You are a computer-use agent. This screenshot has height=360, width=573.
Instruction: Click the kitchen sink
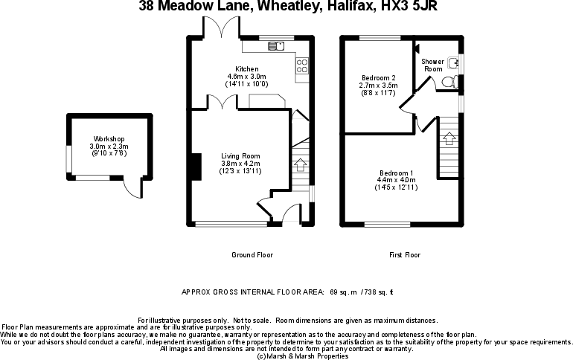click(x=277, y=45)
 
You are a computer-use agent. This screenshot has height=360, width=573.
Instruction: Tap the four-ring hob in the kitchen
click(x=303, y=68)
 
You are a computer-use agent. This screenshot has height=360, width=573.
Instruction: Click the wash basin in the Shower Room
click(x=454, y=64)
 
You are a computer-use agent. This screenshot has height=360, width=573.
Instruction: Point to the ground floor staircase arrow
click(x=300, y=165)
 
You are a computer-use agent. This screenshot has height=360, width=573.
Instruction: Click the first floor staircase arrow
click(x=449, y=138)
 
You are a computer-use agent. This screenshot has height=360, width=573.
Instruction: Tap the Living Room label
click(x=240, y=155)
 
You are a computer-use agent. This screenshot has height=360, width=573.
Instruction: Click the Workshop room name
click(x=109, y=139)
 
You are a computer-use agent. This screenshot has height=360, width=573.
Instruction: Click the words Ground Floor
click(x=252, y=255)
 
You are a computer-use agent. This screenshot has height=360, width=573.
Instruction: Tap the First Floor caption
click(x=405, y=255)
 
